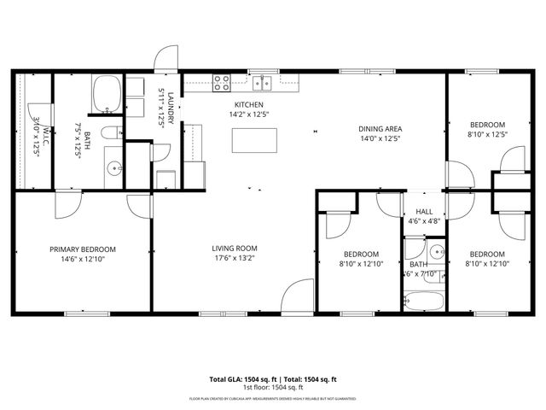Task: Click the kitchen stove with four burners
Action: coord(222,83)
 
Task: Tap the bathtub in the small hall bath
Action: coord(424,302)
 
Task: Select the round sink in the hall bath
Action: coord(435,252)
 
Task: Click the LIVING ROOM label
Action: coord(235,249)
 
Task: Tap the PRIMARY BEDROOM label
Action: coord(82,249)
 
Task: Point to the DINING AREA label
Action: coord(380,130)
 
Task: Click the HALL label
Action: coord(424,212)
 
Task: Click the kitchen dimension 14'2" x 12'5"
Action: coord(248,114)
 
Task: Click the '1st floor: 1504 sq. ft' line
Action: coord(273,388)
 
